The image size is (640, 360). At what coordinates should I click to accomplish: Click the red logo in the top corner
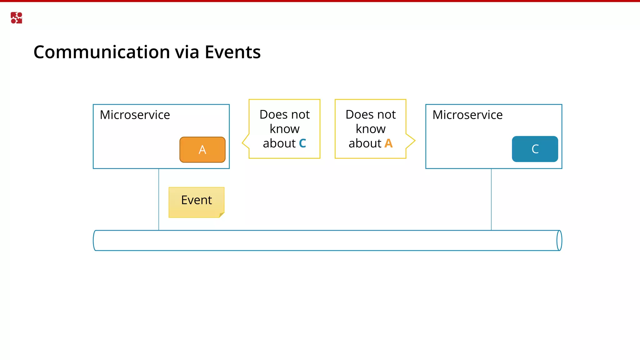click(x=16, y=18)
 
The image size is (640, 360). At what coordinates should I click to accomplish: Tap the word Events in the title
click(x=232, y=52)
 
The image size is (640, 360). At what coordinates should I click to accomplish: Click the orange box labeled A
click(x=202, y=150)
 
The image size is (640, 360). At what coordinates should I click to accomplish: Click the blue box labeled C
click(x=535, y=149)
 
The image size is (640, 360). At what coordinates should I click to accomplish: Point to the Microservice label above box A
click(x=135, y=115)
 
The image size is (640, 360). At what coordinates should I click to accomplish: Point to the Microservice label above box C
click(x=467, y=115)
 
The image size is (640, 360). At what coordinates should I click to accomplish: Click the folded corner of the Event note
click(x=222, y=215)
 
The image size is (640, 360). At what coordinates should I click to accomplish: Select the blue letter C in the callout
click(x=302, y=143)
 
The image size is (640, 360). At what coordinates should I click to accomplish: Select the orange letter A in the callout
click(x=388, y=143)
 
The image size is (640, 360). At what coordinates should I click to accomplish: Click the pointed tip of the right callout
click(x=414, y=141)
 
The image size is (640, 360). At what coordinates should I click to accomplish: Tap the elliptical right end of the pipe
click(x=559, y=240)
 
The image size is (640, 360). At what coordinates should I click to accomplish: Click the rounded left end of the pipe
click(x=95, y=240)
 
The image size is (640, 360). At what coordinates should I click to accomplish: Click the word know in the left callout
click(x=284, y=129)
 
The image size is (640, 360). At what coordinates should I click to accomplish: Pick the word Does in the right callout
click(x=357, y=115)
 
